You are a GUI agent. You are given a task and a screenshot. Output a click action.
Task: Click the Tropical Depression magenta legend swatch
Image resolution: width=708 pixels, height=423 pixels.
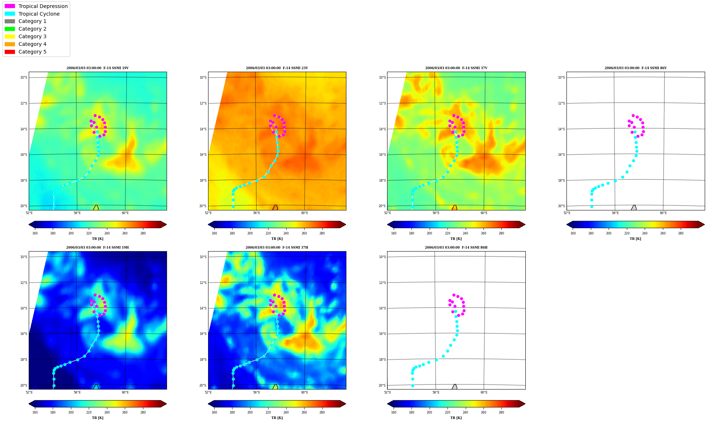click(10, 6)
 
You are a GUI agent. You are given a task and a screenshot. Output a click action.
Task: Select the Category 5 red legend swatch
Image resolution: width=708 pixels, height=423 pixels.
click(10, 52)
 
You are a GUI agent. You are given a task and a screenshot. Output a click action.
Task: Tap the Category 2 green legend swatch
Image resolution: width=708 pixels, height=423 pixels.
click(10, 29)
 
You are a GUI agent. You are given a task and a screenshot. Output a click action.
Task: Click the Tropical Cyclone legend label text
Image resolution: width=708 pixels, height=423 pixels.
click(39, 14)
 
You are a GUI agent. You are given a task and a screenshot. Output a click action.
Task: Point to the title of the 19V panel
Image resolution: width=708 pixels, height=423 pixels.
click(98, 68)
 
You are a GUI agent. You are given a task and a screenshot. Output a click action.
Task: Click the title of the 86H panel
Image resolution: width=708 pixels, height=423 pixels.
click(456, 248)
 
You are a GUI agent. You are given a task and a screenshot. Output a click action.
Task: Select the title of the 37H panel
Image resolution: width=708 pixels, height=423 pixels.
click(277, 248)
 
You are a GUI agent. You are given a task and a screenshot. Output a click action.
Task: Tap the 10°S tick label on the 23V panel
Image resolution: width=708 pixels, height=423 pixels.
click(203, 78)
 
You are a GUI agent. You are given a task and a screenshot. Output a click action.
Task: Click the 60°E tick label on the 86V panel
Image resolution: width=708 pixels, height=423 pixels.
click(663, 213)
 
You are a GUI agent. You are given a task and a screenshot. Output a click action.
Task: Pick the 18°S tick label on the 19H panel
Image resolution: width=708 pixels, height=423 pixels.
click(23, 360)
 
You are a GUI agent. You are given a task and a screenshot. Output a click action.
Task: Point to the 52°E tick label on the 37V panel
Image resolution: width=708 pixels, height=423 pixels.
click(387, 213)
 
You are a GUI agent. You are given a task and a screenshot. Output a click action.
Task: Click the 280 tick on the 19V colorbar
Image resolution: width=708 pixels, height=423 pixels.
click(143, 233)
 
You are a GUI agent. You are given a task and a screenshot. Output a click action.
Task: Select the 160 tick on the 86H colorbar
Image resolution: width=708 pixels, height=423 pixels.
click(394, 412)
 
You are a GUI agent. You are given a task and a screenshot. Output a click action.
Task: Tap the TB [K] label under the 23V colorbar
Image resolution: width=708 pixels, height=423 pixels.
click(277, 239)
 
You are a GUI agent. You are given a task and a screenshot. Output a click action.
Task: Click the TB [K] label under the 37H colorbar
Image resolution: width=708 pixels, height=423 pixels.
click(277, 418)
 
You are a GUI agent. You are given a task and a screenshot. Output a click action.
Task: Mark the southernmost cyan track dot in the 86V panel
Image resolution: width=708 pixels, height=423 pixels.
click(592, 206)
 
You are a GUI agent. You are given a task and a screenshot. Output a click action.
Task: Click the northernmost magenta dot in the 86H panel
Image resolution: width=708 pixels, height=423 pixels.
click(454, 295)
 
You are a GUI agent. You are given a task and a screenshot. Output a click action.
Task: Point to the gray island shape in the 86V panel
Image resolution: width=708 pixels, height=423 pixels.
click(634, 208)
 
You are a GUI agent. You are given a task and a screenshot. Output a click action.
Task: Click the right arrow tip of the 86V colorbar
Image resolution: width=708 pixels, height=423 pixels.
click(704, 224)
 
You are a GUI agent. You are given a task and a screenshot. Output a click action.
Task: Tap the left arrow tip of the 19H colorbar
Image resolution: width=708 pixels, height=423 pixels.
click(29, 404)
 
